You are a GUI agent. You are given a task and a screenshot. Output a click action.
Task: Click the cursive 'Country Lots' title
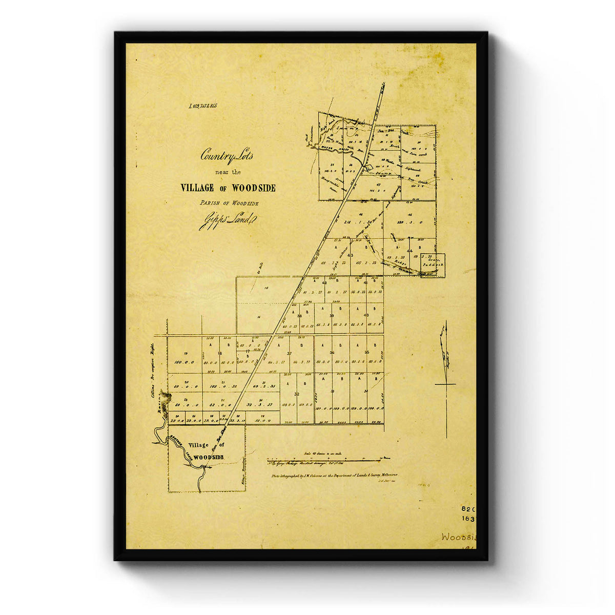[227, 154]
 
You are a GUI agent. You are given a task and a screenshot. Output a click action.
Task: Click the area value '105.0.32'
[222, 386]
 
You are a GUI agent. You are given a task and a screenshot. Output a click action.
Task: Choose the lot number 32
[297, 394]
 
